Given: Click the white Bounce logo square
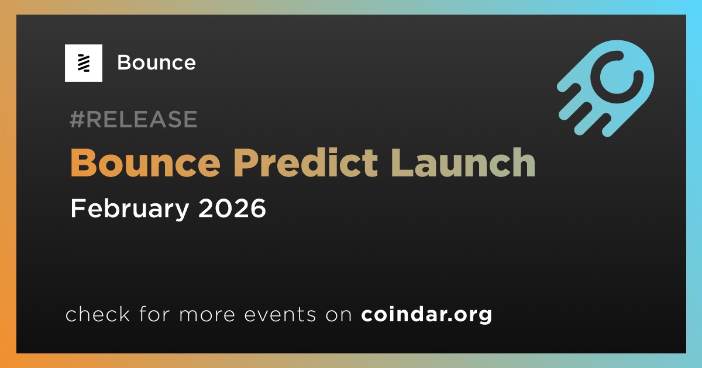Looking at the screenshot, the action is click(x=83, y=63).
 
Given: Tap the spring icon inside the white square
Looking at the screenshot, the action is click(x=84, y=63).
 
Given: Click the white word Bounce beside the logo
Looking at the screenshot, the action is click(x=156, y=63).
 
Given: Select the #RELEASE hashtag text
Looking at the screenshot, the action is click(x=133, y=119).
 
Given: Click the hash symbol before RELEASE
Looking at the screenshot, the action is click(x=77, y=119).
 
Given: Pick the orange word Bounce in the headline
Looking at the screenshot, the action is click(x=146, y=163).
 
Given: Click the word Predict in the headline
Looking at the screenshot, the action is click(x=305, y=163).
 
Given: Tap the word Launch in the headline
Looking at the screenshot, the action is click(x=463, y=163).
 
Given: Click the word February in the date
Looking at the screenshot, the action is click(x=130, y=209).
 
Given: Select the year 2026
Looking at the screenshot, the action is click(x=232, y=209).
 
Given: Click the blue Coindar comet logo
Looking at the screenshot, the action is click(x=605, y=88).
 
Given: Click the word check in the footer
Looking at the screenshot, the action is click(x=98, y=314).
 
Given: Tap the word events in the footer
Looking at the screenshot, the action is click(x=280, y=315).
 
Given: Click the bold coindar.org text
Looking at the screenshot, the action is click(x=426, y=315).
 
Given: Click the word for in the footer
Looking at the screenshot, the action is click(x=154, y=314).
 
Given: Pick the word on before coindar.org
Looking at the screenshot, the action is click(x=339, y=315).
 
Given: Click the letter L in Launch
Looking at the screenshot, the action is click(x=401, y=163).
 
